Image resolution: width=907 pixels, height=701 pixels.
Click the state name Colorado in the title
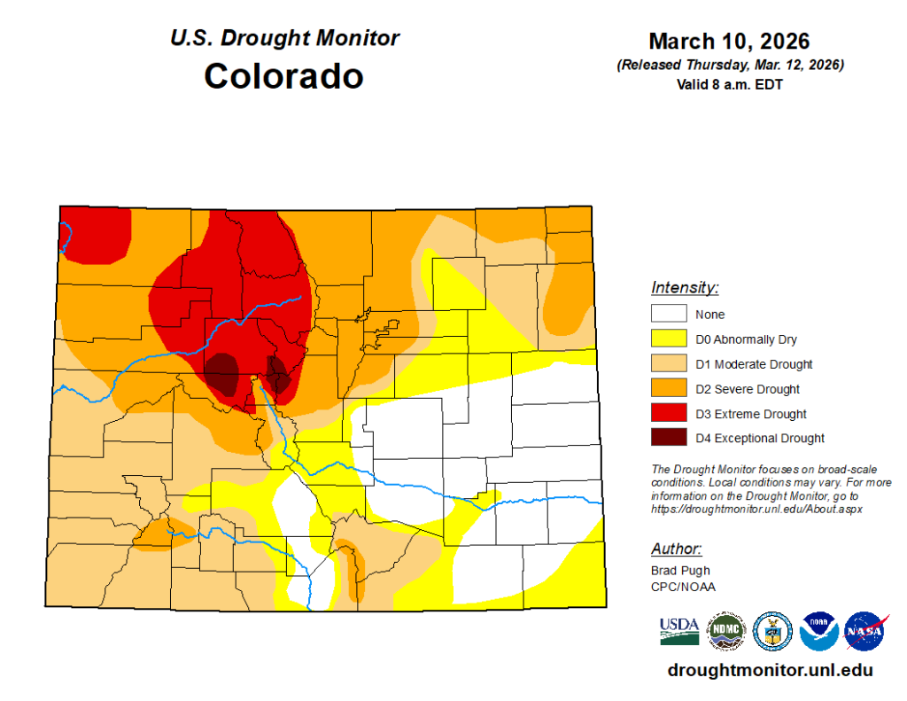(283, 75)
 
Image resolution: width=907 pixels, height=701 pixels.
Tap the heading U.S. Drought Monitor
(284, 38)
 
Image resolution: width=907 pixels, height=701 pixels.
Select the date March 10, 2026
(729, 42)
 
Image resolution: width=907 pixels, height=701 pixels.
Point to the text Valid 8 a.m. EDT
(729, 85)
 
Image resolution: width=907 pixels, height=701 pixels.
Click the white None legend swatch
(669, 314)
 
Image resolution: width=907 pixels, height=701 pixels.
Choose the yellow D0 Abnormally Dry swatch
(669, 339)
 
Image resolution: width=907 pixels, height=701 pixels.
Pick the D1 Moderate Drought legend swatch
(669, 363)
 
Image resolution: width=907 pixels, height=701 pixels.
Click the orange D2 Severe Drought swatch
(669, 388)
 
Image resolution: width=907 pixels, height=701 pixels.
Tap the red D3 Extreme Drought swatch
(669, 413)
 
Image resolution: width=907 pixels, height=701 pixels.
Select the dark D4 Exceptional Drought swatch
(669, 438)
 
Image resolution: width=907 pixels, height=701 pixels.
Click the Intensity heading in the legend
(685, 287)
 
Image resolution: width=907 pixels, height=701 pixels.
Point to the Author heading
(677, 549)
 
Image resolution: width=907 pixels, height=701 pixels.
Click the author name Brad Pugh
(680, 571)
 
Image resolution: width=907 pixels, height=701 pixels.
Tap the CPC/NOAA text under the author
(683, 586)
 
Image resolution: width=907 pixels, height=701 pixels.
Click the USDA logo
(679, 630)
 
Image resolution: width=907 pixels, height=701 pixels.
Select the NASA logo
(865, 631)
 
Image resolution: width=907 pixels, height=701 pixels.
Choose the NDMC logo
(725, 631)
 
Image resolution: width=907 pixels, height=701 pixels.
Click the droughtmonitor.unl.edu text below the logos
(770, 671)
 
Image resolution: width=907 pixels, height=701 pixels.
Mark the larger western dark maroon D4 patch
(222, 372)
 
